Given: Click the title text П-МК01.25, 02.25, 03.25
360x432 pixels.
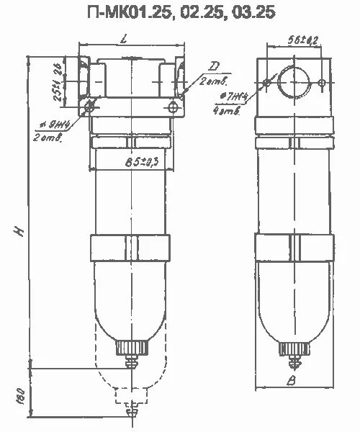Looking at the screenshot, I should point(180,12).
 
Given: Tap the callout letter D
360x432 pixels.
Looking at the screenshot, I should point(213,67).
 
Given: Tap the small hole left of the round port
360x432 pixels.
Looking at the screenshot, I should point(268,83).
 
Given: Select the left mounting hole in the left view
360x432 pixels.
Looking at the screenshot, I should point(90,107).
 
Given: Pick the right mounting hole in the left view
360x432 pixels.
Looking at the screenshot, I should point(173,107).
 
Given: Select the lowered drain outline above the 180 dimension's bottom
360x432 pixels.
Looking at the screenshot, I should point(132,398).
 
